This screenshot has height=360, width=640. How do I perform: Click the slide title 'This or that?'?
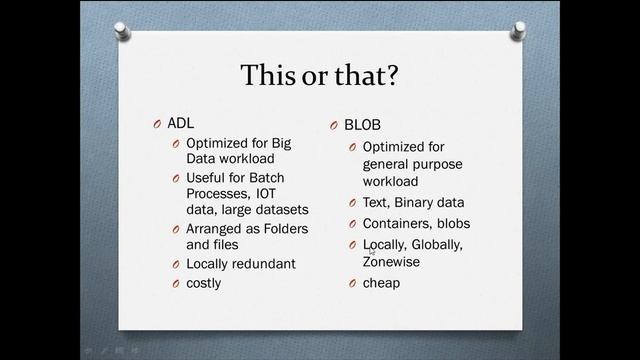(320, 75)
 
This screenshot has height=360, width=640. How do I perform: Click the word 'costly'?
(204, 283)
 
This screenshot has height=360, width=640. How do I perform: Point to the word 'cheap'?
(381, 283)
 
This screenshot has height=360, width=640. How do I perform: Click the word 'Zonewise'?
(391, 262)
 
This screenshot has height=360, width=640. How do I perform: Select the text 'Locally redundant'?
(241, 264)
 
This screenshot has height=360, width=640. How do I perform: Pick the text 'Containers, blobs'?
(416, 224)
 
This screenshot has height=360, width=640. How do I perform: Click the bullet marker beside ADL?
(156, 124)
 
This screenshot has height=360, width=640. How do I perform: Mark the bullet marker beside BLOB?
(335, 126)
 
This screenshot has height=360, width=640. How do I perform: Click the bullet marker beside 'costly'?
(175, 284)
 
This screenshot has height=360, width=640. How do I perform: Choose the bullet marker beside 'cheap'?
(353, 284)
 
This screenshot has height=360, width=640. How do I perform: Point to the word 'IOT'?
(266, 194)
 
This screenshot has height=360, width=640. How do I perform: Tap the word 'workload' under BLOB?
(390, 182)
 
